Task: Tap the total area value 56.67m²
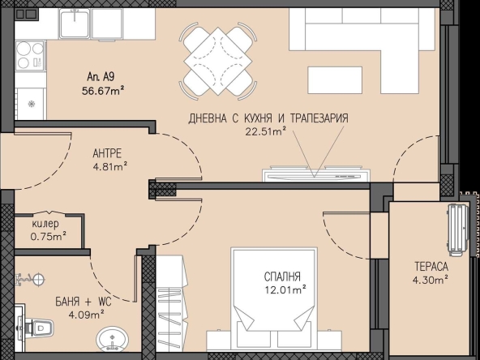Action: [x=103, y=91]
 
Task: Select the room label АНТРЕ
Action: [x=107, y=153]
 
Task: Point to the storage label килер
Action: [x=45, y=224]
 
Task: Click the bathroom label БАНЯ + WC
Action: [x=84, y=302]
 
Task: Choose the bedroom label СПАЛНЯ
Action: [x=282, y=276]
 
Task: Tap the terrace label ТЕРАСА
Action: [x=431, y=267]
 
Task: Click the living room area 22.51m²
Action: [x=266, y=131]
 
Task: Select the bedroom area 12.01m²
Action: [x=285, y=289]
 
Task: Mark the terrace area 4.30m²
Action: [x=431, y=280]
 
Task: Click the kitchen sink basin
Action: [x=75, y=24]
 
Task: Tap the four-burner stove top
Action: [x=30, y=55]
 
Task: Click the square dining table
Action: [x=217, y=62]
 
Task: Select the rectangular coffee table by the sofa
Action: [x=335, y=80]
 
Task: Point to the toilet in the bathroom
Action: [x=36, y=328]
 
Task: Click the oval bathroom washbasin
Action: [x=113, y=339]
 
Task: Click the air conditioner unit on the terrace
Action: [x=458, y=230]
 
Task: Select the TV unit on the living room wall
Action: [x=316, y=174]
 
